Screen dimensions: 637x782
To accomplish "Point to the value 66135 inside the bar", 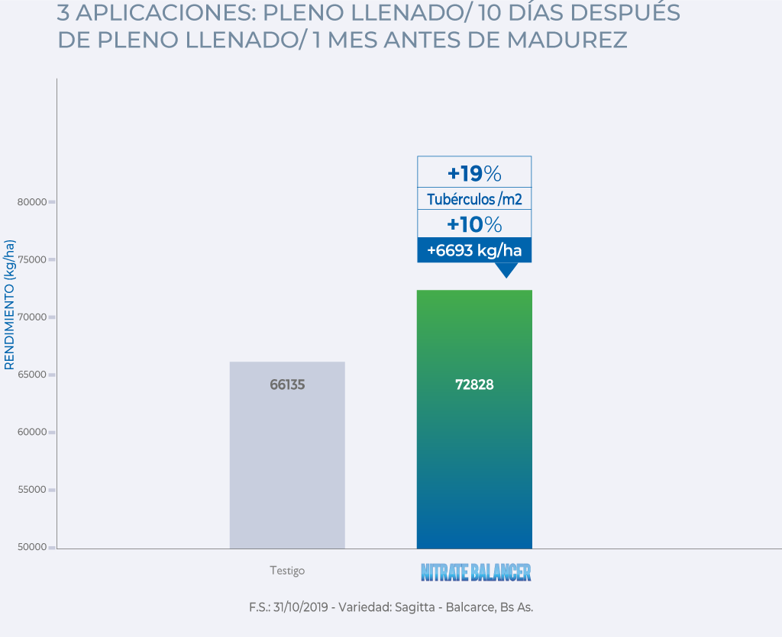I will pyautogui.click(x=287, y=385).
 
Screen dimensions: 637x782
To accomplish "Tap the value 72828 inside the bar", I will pyautogui.click(x=474, y=385).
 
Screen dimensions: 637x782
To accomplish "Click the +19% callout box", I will pyautogui.click(x=474, y=172).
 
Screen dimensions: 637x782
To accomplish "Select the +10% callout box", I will pyautogui.click(x=474, y=224).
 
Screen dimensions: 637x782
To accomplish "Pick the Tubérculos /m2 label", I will pyautogui.click(x=474, y=199).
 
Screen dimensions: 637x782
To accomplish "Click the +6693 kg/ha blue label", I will pyautogui.click(x=474, y=250).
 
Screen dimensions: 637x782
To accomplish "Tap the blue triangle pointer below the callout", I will pyautogui.click(x=506, y=270).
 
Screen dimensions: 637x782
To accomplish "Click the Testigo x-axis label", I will pyautogui.click(x=287, y=571).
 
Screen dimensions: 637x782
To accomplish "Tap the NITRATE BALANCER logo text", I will pyautogui.click(x=476, y=572).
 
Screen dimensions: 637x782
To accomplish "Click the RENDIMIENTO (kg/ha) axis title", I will pyautogui.click(x=10, y=305).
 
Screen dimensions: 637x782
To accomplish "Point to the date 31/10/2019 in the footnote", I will pyautogui.click(x=301, y=608).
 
